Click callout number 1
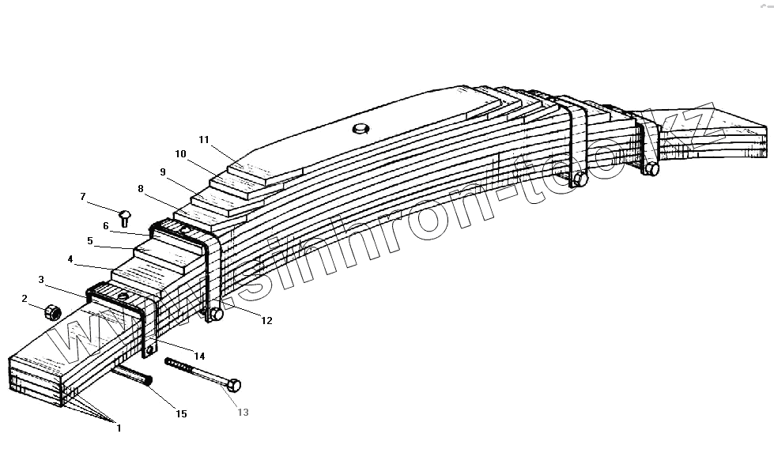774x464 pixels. tap(119, 428)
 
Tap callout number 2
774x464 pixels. tap(25, 298)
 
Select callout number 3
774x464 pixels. tap(41, 280)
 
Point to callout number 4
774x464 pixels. tap(70, 258)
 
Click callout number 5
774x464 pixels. tap(90, 240)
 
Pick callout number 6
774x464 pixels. tap(105, 225)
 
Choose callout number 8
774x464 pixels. tap(141, 189)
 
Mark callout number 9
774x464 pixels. tap(162, 172)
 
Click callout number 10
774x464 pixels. tap(181, 154)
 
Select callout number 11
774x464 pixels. tap(204, 140)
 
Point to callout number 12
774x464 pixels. tap(266, 320)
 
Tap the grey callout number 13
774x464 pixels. tap(243, 413)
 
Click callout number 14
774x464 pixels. tap(199, 355)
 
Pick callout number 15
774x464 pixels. tap(181, 414)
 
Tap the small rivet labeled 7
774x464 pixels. tap(125, 216)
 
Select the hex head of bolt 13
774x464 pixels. tap(234, 386)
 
